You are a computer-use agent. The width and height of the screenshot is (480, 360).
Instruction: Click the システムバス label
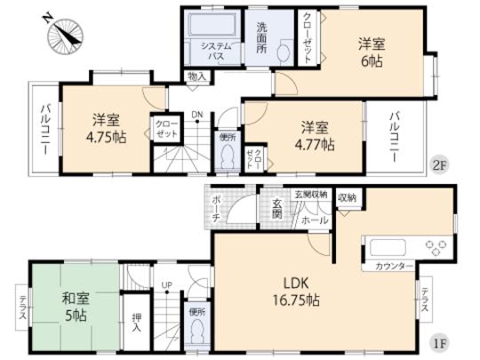[x=215, y=50]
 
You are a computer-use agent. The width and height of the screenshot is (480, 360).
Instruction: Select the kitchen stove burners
[x=435, y=246]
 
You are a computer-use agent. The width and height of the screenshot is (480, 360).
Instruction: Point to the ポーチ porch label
[x=216, y=209]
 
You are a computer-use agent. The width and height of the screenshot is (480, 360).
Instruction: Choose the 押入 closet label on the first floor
[x=135, y=323]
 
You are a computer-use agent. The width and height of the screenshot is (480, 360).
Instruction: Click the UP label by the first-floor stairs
[x=166, y=285]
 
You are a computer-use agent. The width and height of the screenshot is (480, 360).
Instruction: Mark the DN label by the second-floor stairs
[x=198, y=115]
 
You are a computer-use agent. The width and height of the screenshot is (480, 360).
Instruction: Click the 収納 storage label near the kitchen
[x=347, y=196]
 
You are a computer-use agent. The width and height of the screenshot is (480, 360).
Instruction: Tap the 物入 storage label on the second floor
[x=197, y=78]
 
